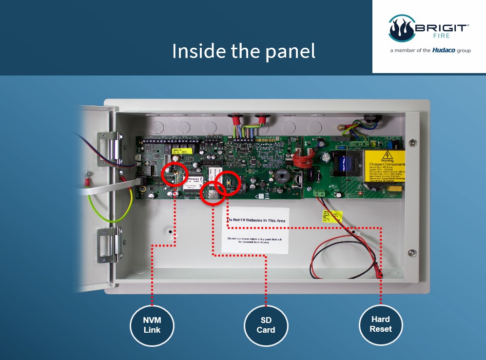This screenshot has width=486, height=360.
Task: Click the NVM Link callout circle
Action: point(152,325)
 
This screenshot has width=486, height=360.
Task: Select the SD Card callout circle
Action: point(266,325)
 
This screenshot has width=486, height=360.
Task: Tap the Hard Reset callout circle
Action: point(380,324)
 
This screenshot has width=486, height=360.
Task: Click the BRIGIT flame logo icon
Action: point(401,29)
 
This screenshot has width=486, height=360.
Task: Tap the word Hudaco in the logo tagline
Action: point(444,50)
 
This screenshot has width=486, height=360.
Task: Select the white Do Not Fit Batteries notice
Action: point(255,230)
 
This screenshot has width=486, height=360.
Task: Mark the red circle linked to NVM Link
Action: point(174,174)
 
